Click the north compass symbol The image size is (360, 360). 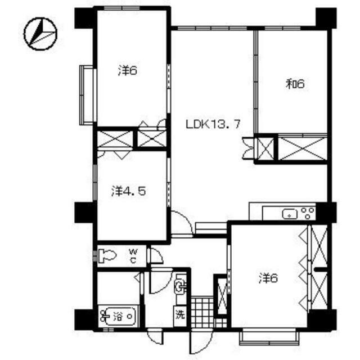pos(40,34)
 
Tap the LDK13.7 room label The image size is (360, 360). pos(213,124)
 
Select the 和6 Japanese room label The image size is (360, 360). pos(295,84)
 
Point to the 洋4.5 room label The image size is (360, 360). pos(129,191)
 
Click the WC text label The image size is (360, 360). pos(133,256)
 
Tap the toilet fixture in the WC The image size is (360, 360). pos(107,256)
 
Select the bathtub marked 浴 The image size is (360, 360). pos(119,317)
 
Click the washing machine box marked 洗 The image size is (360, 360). pos(180,316)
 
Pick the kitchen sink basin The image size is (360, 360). pos(290,214)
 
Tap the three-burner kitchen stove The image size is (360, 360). pos(308,213)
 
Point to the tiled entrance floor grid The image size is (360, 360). pos(202,313)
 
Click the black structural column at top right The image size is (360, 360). pos(326,19)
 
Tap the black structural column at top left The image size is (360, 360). pos(84,19)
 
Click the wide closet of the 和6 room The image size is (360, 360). pos(303,148)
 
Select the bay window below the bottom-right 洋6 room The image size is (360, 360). pos(269,337)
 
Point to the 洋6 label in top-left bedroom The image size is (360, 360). pos(128,70)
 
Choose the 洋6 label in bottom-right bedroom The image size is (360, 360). pos(268,278)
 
